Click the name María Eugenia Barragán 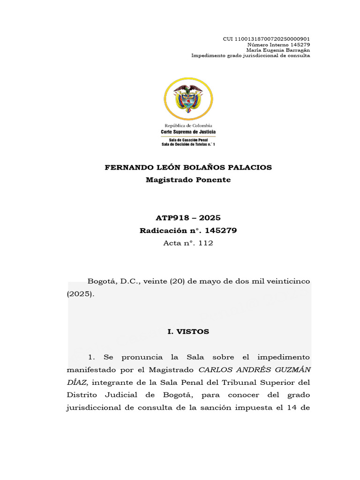[x=278, y=50]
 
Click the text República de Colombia [x=188, y=126]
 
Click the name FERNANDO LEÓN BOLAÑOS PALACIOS [x=188, y=168]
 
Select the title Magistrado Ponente [x=188, y=180]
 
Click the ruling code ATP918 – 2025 [x=188, y=218]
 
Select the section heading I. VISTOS [x=188, y=331]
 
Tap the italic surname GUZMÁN [x=292, y=370]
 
